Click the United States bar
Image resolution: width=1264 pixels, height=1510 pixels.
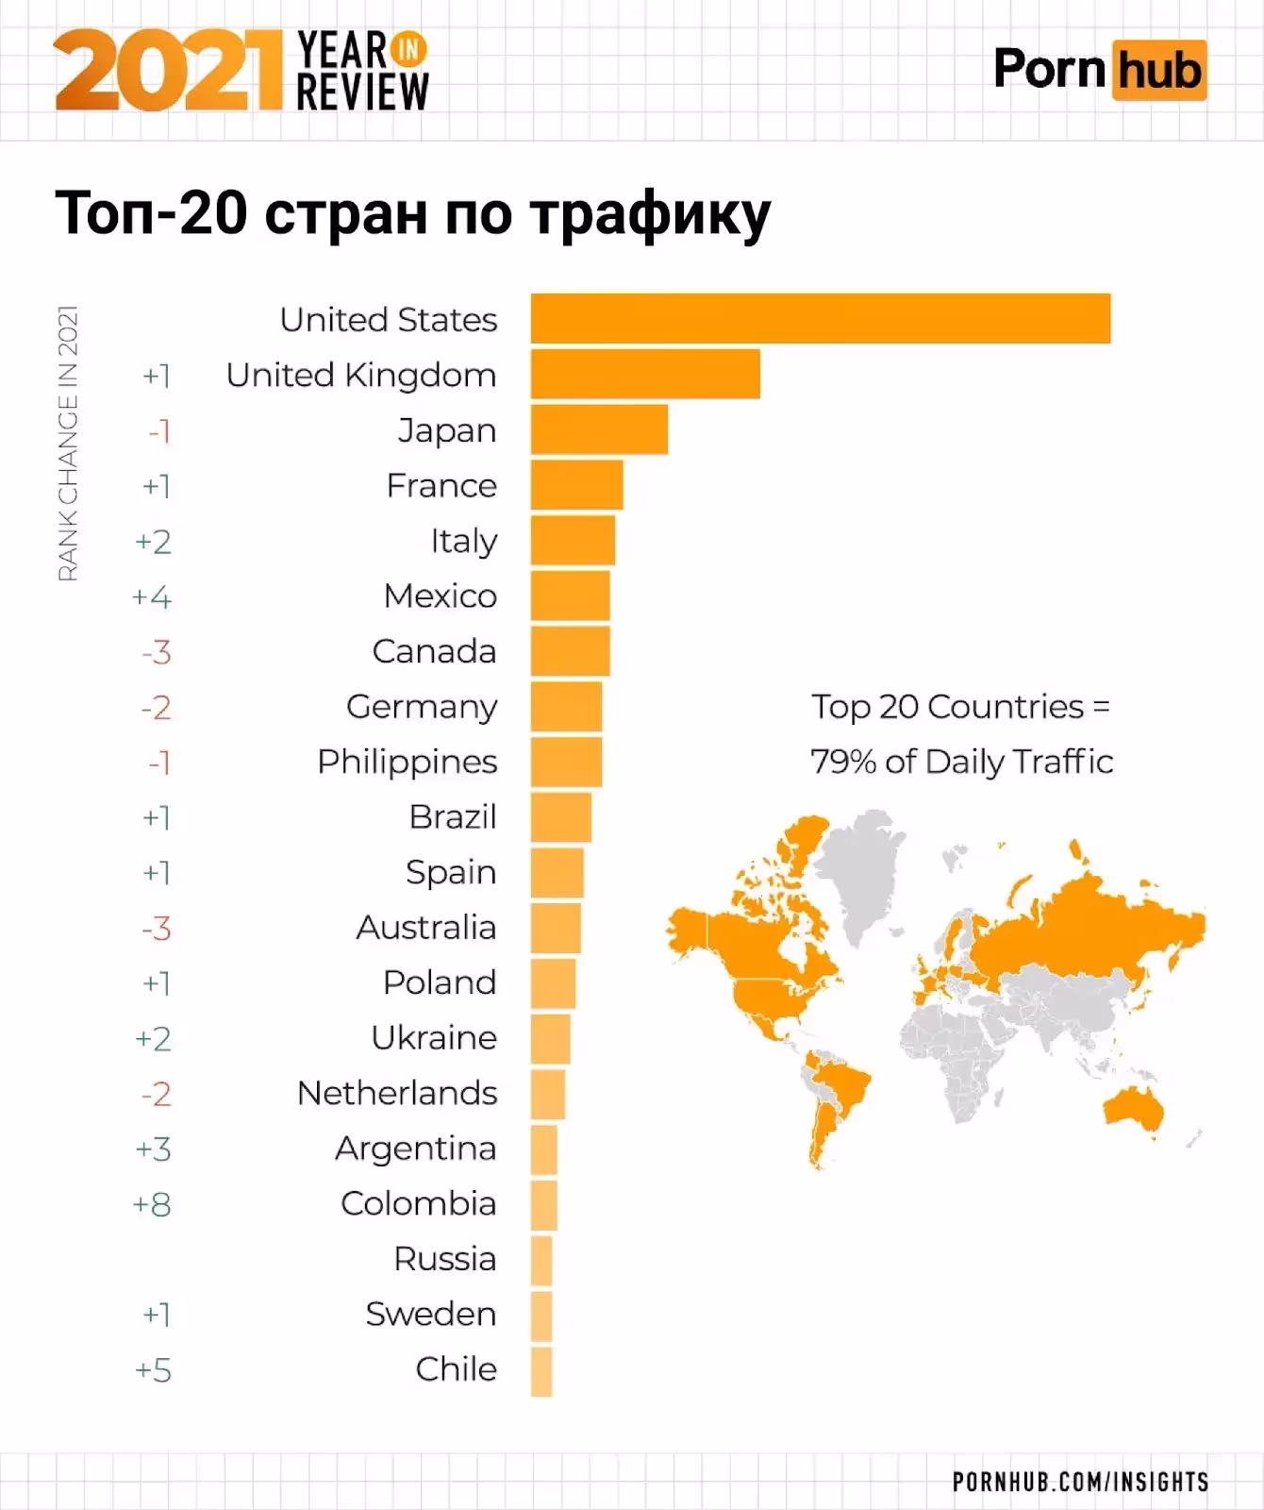[820, 319]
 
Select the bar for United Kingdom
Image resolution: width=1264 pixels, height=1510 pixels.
[645, 374]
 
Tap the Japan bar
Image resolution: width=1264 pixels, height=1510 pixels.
[599, 429]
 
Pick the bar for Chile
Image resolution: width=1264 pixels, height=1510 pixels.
[541, 1371]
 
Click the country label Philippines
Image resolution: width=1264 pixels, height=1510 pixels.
[407, 762]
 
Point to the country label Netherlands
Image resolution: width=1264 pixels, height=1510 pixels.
[397, 1093]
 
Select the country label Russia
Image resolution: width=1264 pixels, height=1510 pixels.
[444, 1259]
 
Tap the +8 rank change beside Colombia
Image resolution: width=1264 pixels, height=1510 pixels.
[153, 1204]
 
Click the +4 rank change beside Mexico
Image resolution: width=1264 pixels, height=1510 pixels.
[152, 596]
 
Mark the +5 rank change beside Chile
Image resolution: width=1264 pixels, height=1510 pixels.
[153, 1370]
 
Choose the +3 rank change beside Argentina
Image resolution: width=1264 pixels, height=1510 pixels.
[153, 1149]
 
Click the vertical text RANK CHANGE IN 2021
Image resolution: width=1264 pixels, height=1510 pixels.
[67, 444]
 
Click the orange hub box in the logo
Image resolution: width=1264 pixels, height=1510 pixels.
[1159, 70]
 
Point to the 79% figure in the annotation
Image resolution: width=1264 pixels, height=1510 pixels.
[843, 762]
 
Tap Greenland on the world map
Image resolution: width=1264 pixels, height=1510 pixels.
[858, 868]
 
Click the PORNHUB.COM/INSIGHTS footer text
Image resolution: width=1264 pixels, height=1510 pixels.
[1080, 1482]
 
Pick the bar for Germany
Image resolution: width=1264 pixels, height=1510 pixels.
[566, 706]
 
